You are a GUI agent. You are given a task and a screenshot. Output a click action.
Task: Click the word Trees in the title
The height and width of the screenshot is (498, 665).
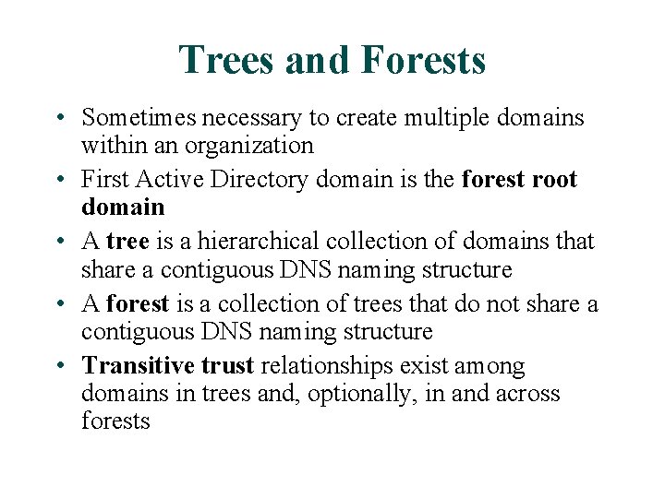(x=227, y=60)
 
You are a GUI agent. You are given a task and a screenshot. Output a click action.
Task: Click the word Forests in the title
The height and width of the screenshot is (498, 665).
(x=424, y=60)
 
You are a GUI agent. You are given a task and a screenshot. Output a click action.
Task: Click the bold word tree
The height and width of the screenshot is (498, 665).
(x=127, y=242)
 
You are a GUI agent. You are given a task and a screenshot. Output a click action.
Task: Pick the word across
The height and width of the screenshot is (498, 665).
(x=528, y=394)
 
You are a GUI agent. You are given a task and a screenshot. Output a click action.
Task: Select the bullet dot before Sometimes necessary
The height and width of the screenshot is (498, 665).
(x=58, y=118)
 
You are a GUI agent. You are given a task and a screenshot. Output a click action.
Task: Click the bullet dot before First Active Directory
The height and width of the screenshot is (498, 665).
(x=58, y=179)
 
